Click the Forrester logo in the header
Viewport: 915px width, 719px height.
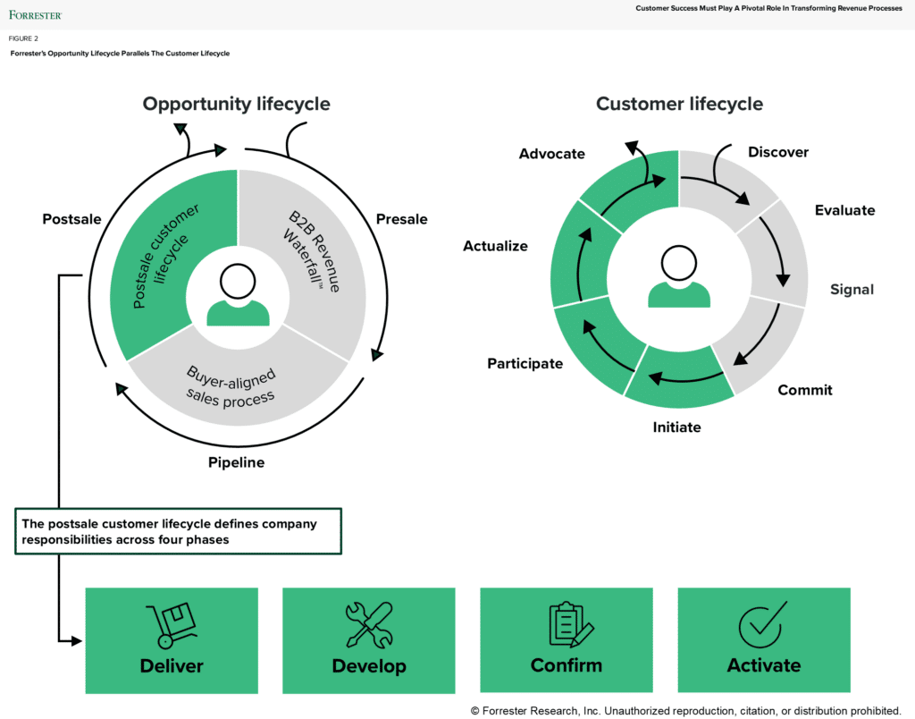pos(36,14)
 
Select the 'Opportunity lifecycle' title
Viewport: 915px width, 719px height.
pos(236,104)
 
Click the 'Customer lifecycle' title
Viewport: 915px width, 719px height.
pos(679,104)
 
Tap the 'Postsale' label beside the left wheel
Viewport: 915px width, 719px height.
pos(71,219)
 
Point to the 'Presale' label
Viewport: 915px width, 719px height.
pos(401,219)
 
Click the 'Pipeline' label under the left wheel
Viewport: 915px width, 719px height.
pos(236,462)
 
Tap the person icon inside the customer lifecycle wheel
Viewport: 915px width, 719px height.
pos(679,277)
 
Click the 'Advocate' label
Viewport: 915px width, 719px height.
pos(551,154)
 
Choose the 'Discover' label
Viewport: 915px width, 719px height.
pos(777,152)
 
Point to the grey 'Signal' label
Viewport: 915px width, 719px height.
pos(852,290)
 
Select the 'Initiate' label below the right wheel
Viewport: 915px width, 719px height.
pos(676,427)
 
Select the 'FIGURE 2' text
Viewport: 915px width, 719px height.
pos(24,39)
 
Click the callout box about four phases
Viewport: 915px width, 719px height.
pos(179,532)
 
